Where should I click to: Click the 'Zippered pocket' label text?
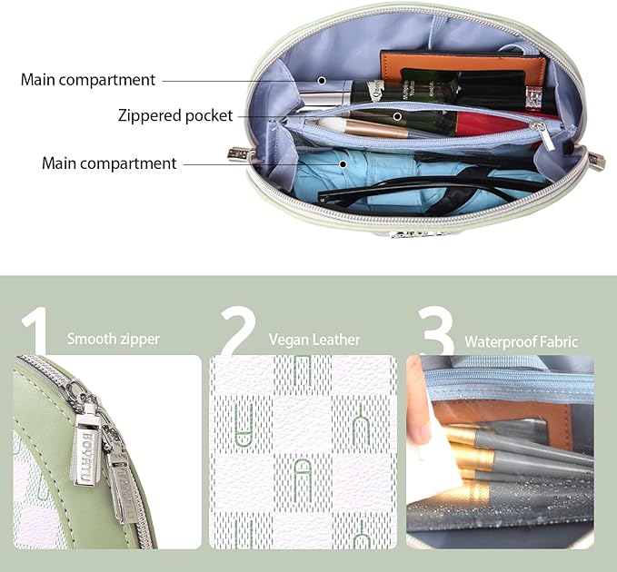click(175, 115)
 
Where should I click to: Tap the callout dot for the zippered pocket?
click(397, 116)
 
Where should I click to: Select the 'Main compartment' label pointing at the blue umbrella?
click(109, 163)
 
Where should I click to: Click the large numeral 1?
click(35, 330)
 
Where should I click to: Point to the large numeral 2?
click(238, 330)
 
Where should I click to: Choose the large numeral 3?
click(437, 330)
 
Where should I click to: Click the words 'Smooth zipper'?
click(114, 339)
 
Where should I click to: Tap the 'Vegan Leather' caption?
click(314, 340)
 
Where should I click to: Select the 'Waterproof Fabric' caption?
click(522, 341)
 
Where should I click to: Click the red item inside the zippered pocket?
click(492, 123)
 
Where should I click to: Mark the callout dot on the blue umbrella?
click(343, 164)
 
